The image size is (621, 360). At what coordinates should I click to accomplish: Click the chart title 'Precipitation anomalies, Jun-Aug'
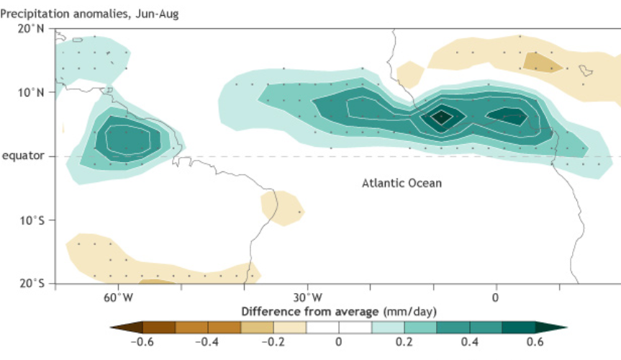[x=89, y=14]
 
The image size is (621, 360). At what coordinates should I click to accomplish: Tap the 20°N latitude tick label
[x=31, y=29]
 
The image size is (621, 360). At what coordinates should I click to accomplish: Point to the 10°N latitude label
[x=31, y=92]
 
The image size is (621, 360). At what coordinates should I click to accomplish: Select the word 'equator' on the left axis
[x=23, y=156]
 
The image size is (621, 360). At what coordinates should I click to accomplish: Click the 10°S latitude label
[x=32, y=220]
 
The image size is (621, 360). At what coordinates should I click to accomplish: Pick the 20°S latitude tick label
[x=32, y=284]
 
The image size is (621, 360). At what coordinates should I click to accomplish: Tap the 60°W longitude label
[x=119, y=297]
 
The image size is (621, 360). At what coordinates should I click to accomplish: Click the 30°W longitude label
[x=308, y=297]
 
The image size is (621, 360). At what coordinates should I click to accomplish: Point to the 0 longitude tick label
[x=496, y=298]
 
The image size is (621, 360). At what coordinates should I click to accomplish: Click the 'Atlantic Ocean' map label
[x=402, y=183]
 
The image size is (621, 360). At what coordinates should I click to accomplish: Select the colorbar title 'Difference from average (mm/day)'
[x=339, y=312]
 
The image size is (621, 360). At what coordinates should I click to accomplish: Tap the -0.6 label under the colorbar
[x=142, y=342]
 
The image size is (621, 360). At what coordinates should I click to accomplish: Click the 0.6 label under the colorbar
[x=535, y=342]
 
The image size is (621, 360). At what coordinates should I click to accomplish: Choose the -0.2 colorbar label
[x=273, y=342]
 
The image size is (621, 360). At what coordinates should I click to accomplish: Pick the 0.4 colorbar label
[x=470, y=342]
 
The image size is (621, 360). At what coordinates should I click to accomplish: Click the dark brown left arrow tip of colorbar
[x=112, y=328]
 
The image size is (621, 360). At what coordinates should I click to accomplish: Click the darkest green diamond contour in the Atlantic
[x=442, y=117]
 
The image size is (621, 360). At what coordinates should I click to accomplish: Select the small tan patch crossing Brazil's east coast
[x=282, y=209]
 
